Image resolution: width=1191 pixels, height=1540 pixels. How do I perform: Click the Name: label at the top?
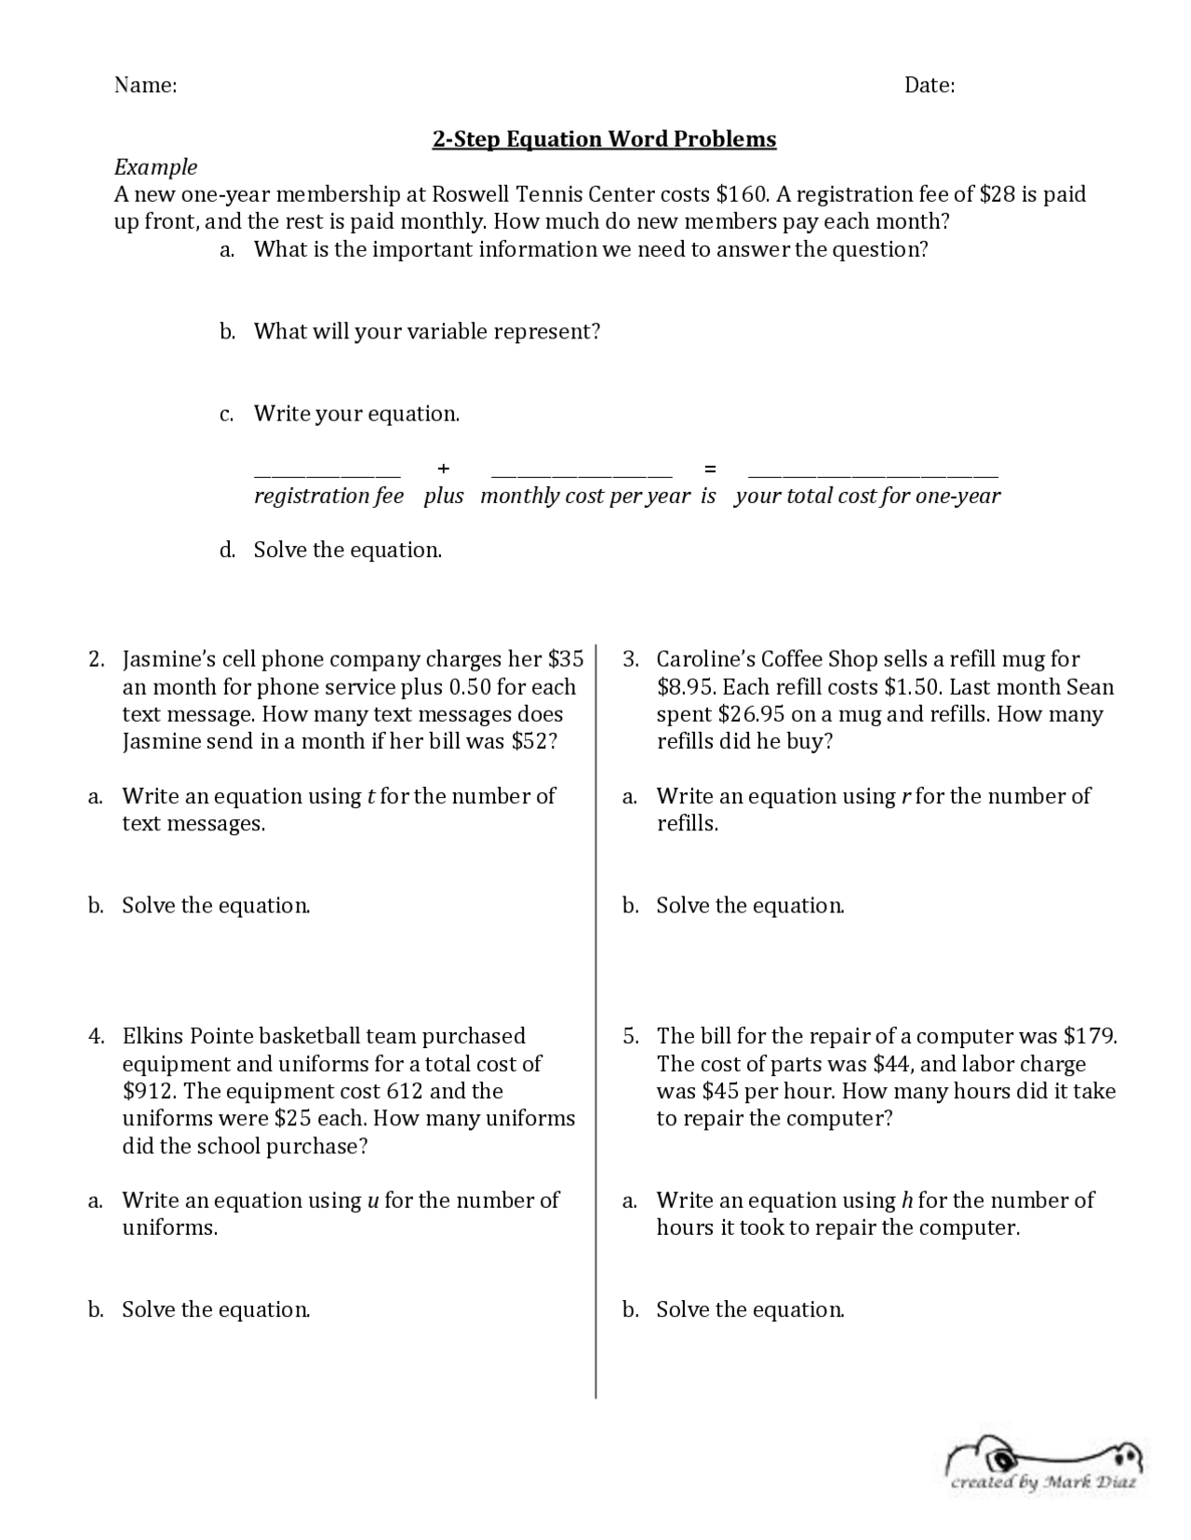point(145,86)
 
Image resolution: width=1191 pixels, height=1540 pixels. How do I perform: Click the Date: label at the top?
point(929,86)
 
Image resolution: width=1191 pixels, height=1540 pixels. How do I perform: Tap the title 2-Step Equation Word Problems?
point(604,139)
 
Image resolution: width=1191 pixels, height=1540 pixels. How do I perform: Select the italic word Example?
point(155,167)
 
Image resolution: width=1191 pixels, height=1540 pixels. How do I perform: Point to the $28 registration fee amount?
point(997,194)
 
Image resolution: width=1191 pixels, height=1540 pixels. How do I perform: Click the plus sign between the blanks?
point(444,468)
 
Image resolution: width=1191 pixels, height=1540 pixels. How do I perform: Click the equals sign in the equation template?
point(710,468)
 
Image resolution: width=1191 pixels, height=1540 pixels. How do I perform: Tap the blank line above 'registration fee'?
point(327,474)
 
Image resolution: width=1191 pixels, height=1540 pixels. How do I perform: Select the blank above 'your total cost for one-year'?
point(873,474)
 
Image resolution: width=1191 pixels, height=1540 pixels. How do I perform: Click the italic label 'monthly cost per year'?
point(585,496)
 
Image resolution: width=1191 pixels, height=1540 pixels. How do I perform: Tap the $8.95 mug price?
point(686,687)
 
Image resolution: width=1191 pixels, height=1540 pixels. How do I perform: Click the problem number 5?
point(631,1036)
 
